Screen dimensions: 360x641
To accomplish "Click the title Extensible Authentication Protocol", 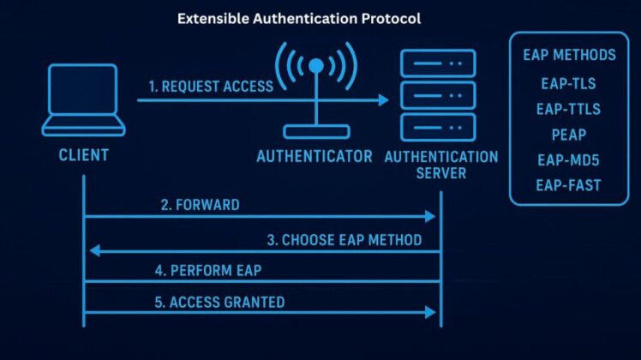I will click(299, 18).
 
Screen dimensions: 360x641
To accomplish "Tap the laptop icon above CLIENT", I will click(83, 99).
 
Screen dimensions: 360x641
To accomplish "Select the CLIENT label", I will click(83, 156).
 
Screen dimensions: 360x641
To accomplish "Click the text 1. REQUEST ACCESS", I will click(210, 86).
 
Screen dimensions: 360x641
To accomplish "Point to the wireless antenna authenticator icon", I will click(316, 90).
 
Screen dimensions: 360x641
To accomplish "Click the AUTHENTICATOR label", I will click(315, 157).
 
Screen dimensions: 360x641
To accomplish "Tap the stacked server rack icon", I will click(438, 96).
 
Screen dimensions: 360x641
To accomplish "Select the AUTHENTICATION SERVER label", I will click(441, 165).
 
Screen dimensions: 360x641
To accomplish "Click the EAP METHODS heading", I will click(569, 56).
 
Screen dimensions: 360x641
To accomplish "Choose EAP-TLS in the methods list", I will click(569, 85).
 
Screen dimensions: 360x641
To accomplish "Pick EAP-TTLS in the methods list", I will click(569, 110).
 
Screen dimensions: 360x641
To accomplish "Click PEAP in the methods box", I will click(569, 135).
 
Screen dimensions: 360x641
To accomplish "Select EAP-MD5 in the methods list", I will click(569, 159).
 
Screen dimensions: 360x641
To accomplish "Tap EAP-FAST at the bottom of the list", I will click(569, 184).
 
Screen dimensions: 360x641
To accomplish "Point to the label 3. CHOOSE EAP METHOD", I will click(344, 240).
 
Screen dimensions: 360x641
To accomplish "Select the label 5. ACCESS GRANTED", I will click(219, 302).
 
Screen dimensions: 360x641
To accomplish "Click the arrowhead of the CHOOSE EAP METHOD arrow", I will click(95, 250).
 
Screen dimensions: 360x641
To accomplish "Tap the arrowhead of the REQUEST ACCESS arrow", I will click(383, 100).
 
